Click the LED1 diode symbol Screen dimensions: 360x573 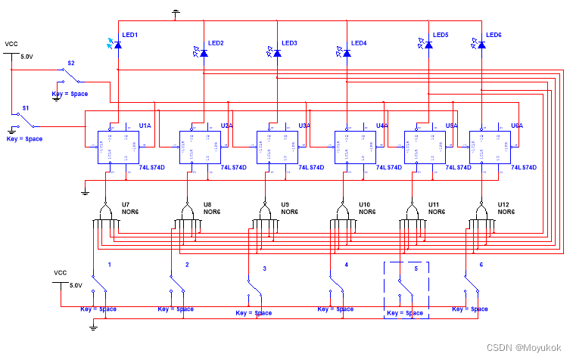point(117,45)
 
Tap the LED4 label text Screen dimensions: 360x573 point(360,43)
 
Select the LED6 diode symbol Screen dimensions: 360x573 point(481,45)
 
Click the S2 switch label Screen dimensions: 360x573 point(71,63)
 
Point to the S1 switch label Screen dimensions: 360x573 point(25,109)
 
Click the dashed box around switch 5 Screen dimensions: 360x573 point(406,289)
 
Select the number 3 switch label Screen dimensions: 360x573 point(264,268)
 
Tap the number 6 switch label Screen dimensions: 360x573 point(481,265)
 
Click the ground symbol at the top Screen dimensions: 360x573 point(176,13)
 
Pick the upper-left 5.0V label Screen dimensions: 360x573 point(26,57)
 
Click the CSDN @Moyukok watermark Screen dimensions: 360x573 point(524,348)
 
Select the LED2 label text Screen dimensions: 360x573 point(215,43)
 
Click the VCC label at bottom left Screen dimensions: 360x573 point(61,272)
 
